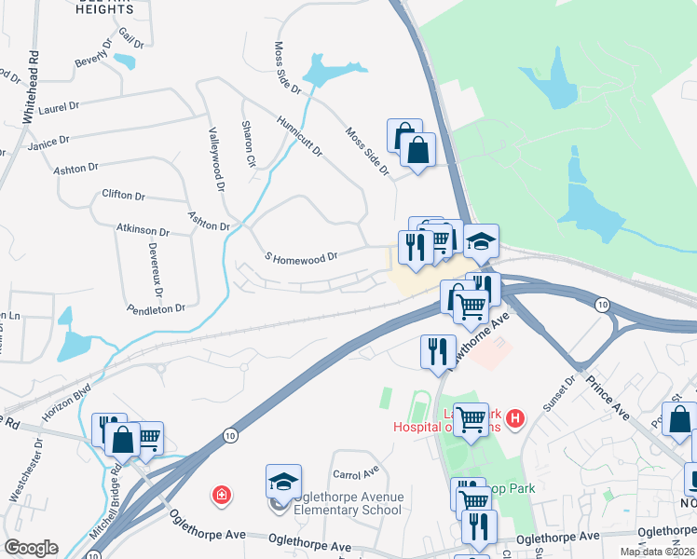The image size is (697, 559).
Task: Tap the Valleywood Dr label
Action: pos(216,159)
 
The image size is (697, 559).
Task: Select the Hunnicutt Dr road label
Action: pos(298,136)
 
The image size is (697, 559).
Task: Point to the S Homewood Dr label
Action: pos(300,254)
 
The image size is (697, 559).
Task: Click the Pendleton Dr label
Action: pos(156,307)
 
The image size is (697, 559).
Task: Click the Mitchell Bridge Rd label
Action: pos(104,494)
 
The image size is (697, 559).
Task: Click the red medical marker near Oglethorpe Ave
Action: pos(221,494)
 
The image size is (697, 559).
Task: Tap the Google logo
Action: pos(31,548)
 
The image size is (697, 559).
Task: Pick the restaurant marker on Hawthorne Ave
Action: pos(437,352)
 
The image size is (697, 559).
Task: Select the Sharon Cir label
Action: pos(249,143)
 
